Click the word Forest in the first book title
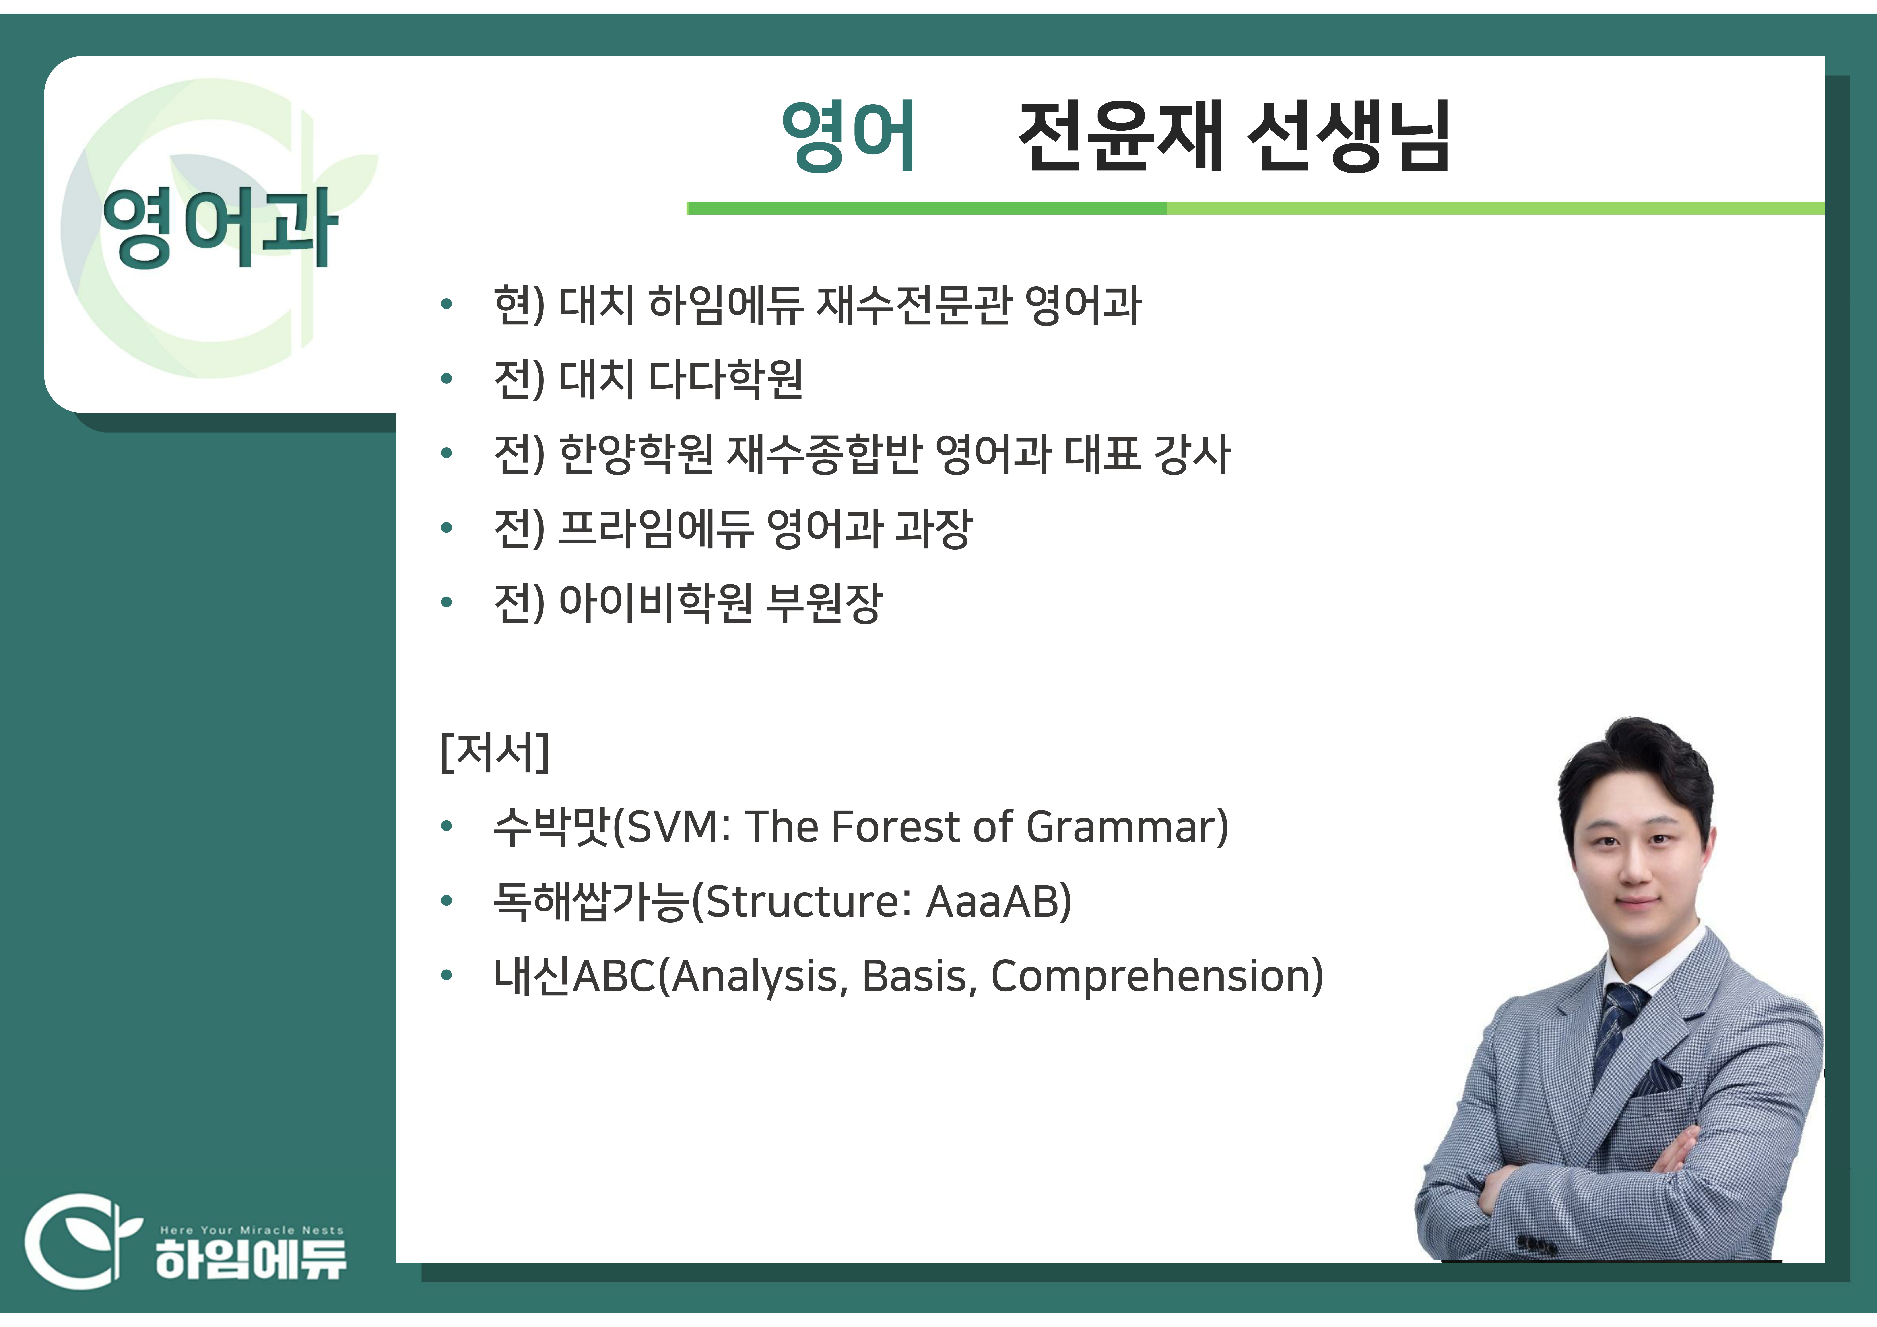894,827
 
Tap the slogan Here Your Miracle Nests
252,1230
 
